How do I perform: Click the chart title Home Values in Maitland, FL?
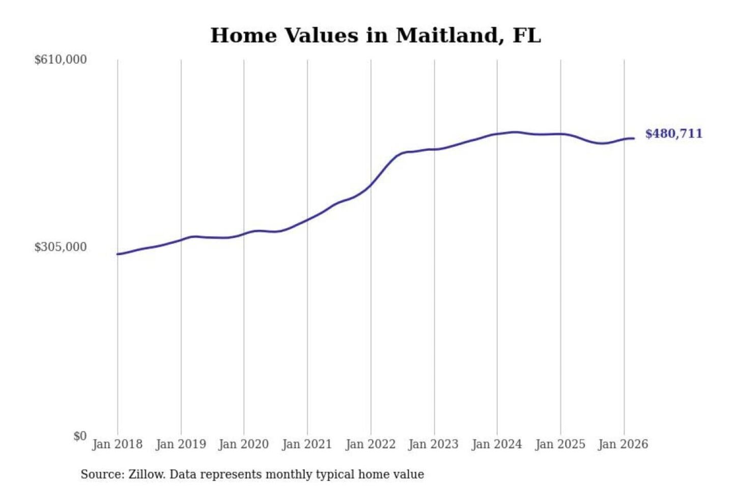pos(375,36)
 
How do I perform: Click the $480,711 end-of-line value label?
pos(673,134)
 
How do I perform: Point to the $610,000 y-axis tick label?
pos(61,60)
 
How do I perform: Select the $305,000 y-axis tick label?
pos(61,247)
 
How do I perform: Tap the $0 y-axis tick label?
pos(80,436)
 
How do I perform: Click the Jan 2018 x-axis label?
pos(117,444)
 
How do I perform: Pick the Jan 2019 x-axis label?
pos(181,444)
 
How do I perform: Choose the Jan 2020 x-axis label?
pos(243,444)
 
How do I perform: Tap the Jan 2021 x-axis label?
pos(307,444)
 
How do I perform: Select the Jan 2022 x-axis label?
pos(371,444)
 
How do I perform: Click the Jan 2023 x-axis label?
pos(434,444)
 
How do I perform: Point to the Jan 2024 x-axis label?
pos(497,444)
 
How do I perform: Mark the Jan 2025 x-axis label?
pos(560,444)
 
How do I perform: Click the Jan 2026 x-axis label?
pos(623,444)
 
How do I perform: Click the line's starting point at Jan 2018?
pos(118,254)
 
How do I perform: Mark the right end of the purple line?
pos(634,139)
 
